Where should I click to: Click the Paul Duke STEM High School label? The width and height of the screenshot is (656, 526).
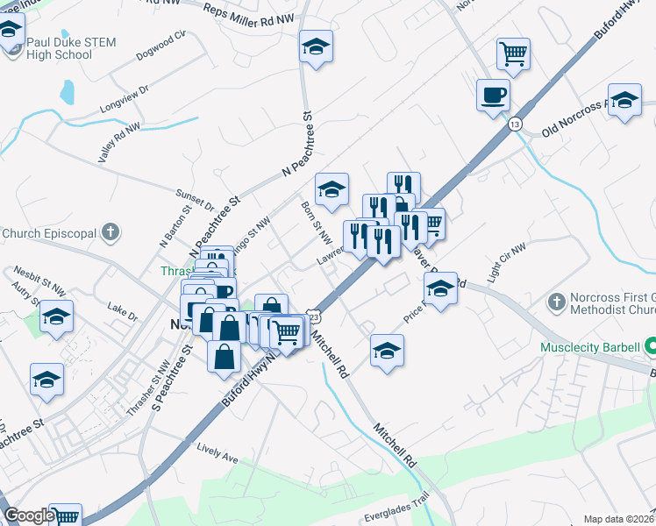(60, 47)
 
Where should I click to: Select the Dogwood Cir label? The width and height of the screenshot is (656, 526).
(162, 46)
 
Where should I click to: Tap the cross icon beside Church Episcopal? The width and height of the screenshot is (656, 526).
(110, 233)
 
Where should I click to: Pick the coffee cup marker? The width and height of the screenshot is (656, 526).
(493, 95)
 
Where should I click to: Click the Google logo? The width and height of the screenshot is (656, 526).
(29, 516)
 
